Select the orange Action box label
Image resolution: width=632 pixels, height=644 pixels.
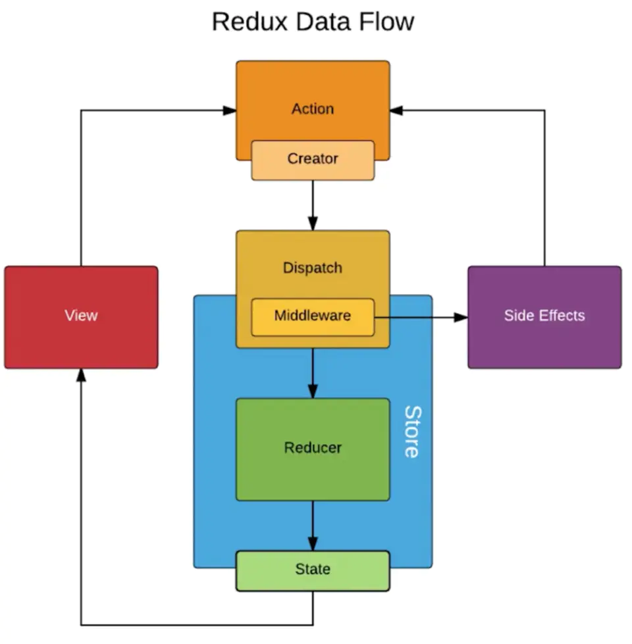[313, 109]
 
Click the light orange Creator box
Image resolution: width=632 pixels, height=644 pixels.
[313, 159]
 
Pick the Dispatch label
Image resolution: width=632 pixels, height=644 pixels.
[313, 268]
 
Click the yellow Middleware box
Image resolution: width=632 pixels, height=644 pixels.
[313, 316]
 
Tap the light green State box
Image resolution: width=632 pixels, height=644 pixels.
[313, 570]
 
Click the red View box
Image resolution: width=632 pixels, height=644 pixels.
[81, 316]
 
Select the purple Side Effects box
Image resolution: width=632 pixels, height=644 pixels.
[544, 316]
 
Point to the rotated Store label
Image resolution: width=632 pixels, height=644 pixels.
[411, 432]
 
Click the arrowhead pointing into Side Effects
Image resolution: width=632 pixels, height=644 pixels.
[461, 317]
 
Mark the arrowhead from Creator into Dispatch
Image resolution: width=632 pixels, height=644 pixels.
[313, 224]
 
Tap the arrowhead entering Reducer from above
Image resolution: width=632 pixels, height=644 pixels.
[313, 391]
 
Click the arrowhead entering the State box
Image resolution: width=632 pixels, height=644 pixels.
[313, 544]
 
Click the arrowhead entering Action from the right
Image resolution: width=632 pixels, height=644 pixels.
[397, 111]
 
